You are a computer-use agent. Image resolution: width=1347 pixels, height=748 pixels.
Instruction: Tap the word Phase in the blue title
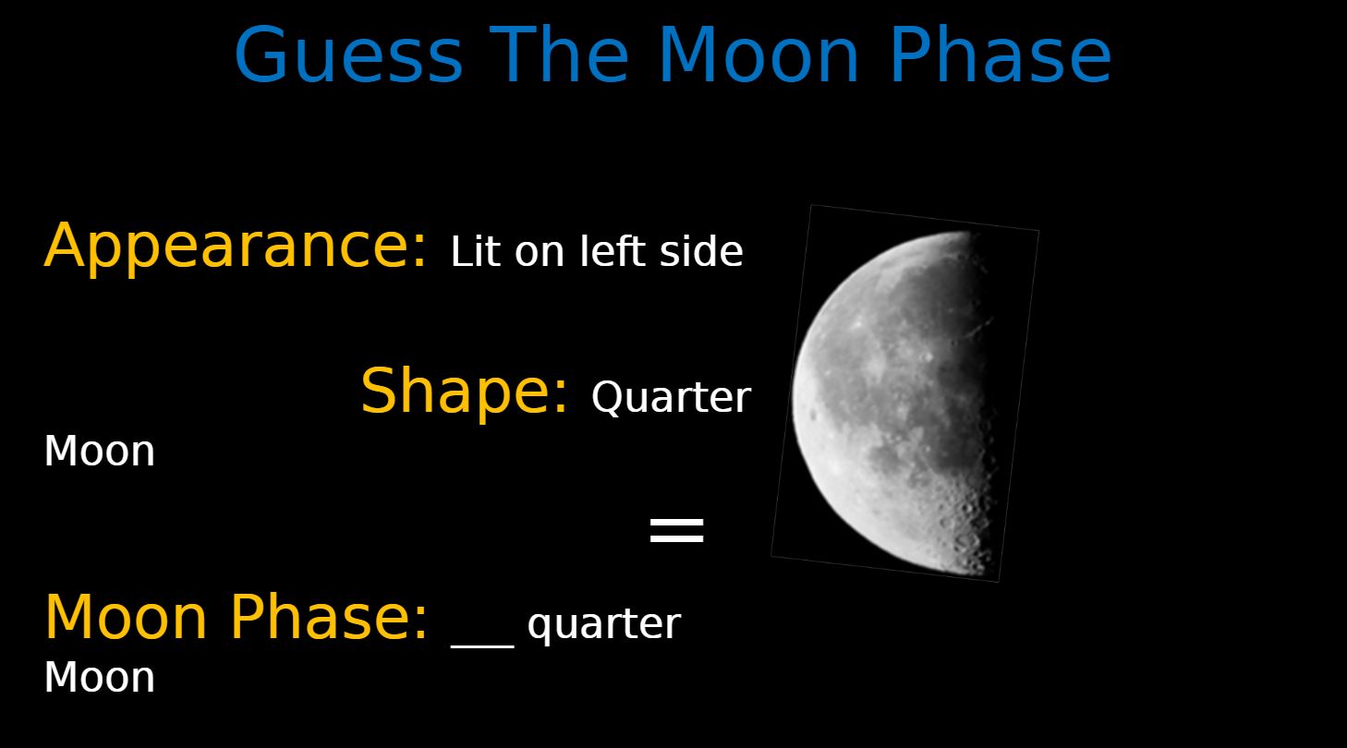[1000, 54]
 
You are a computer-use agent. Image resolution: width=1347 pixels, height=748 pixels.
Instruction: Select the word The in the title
[559, 54]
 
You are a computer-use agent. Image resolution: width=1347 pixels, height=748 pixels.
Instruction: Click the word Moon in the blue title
[758, 54]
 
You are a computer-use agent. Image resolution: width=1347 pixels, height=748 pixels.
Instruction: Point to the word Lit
[475, 250]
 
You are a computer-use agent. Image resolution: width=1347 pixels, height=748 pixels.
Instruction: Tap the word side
[701, 250]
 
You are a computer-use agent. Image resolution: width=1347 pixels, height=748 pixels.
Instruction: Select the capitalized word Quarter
[671, 397]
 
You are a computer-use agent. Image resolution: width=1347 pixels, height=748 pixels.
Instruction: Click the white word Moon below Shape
[100, 451]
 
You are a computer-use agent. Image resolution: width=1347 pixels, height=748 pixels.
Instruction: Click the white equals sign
[677, 530]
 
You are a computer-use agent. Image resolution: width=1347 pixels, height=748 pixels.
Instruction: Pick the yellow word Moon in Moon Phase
[126, 617]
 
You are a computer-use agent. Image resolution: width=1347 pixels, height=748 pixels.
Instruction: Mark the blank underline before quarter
[482, 646]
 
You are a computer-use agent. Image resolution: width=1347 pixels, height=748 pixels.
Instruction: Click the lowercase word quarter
[603, 625]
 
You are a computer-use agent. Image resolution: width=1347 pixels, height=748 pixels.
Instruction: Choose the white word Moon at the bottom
[100, 677]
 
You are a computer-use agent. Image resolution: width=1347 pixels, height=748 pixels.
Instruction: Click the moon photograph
[905, 393]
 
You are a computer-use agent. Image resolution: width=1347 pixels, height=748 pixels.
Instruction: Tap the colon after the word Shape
[560, 395]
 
